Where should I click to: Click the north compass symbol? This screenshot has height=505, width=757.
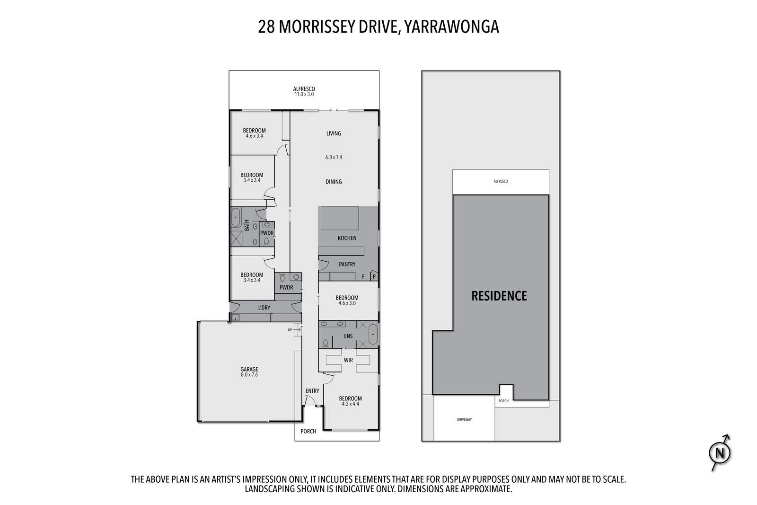pyautogui.click(x=720, y=453)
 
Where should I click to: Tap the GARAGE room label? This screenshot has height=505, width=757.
pyautogui.click(x=249, y=370)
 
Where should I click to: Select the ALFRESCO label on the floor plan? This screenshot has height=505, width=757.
pyautogui.click(x=304, y=89)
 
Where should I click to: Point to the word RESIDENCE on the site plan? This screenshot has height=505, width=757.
pyautogui.click(x=499, y=296)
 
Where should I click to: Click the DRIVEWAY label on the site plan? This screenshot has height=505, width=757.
pyautogui.click(x=464, y=419)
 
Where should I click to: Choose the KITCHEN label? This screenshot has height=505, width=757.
pyautogui.click(x=347, y=238)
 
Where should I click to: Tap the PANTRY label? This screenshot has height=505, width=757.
pyautogui.click(x=347, y=264)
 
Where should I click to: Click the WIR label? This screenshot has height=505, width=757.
pyautogui.click(x=348, y=360)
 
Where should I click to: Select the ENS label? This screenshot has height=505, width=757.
pyautogui.click(x=348, y=336)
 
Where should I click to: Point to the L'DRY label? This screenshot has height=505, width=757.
pyautogui.click(x=264, y=308)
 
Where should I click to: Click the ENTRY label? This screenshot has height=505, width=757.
pyautogui.click(x=312, y=391)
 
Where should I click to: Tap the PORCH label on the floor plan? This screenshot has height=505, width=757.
pyautogui.click(x=308, y=431)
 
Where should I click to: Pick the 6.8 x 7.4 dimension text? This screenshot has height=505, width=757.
pyautogui.click(x=334, y=157)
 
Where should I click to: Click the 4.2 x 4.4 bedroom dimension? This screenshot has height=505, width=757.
pyautogui.click(x=351, y=404)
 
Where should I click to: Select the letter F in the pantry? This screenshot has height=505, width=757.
pyautogui.click(x=363, y=277)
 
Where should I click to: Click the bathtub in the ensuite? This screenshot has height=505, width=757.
pyautogui.click(x=373, y=334)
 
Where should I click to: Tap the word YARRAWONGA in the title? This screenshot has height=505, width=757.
pyautogui.click(x=452, y=27)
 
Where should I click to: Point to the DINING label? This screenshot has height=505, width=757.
pyautogui.click(x=334, y=182)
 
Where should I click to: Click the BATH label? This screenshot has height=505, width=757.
pyautogui.click(x=246, y=225)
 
